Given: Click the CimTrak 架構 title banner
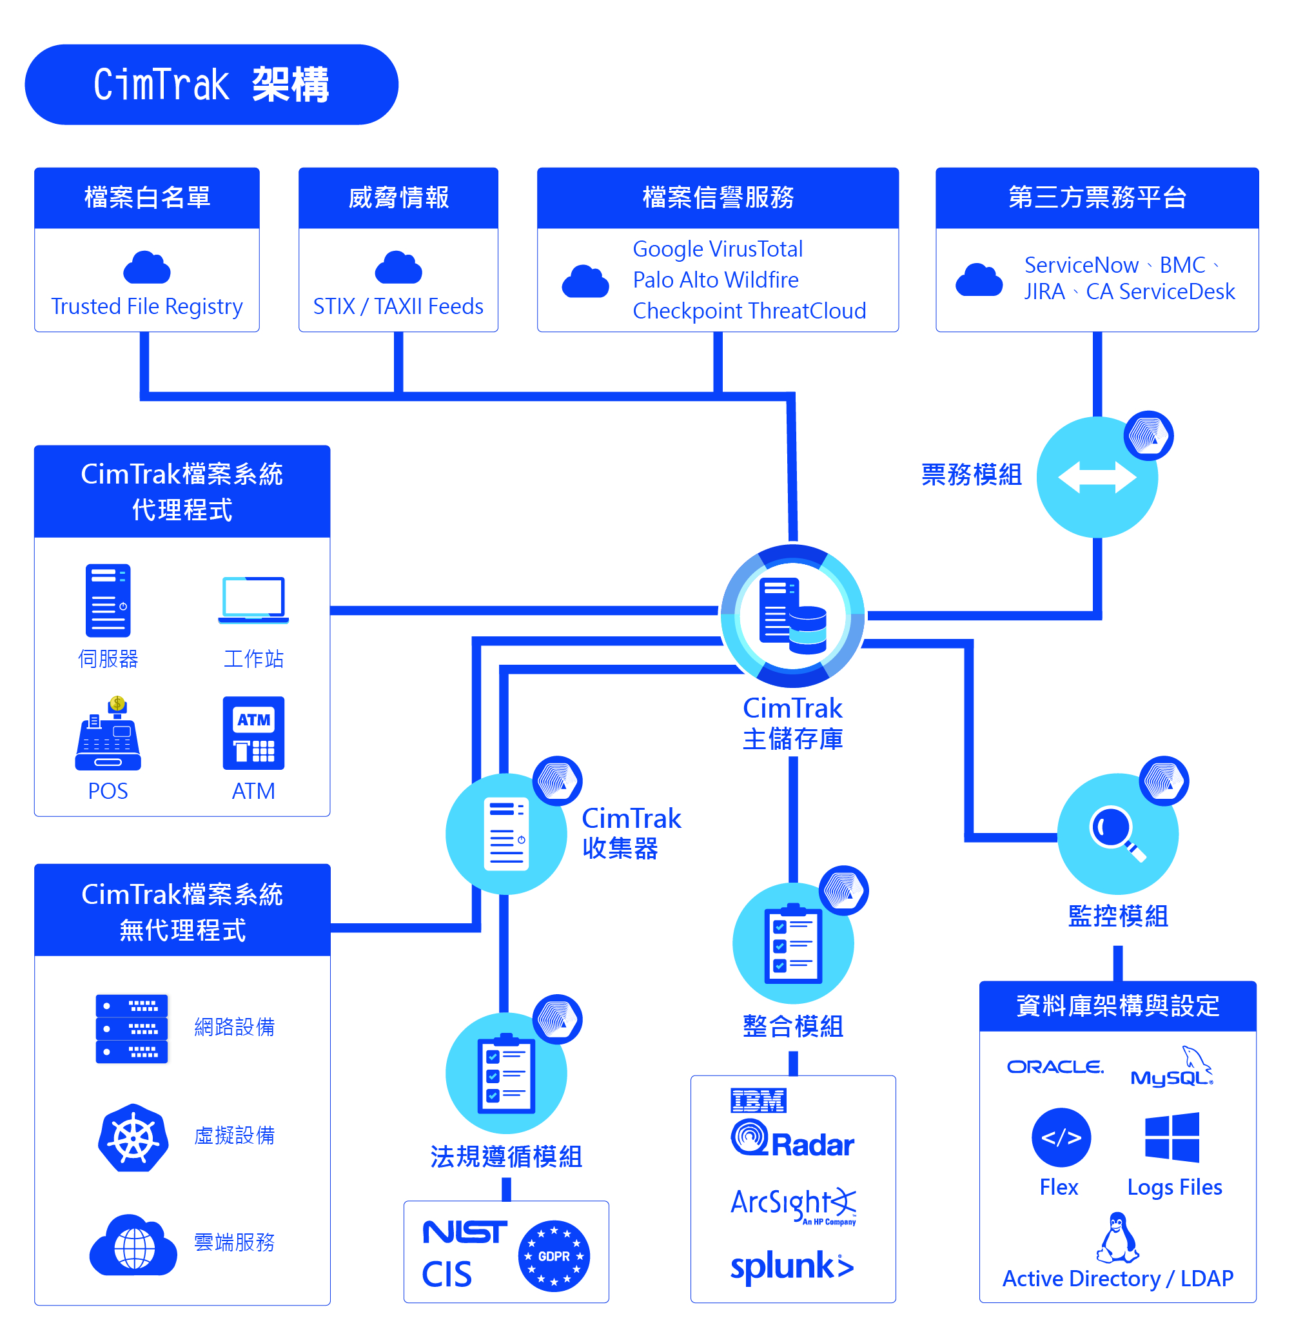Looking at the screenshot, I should coord(211,84).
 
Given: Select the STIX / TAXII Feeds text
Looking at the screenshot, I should coord(398,306).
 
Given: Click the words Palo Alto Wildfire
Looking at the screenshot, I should coord(716,280).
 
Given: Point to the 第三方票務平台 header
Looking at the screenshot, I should coord(1097,198).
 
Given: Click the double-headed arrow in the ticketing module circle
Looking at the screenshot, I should coord(1097,478).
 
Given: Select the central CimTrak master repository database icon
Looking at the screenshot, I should coord(793,616).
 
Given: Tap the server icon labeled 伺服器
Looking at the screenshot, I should coord(108,601).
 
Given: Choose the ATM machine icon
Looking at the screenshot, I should coord(253,733).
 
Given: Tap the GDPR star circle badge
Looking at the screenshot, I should coord(554,1256).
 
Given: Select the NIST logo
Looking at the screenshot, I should coord(465,1232).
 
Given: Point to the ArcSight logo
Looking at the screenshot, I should coord(792,1204).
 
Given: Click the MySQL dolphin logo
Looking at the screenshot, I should coord(1172,1068).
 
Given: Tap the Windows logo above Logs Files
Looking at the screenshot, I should coord(1172,1137).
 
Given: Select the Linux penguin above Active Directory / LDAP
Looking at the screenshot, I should coord(1117,1237).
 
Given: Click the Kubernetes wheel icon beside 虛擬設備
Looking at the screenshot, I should coord(133,1137).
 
